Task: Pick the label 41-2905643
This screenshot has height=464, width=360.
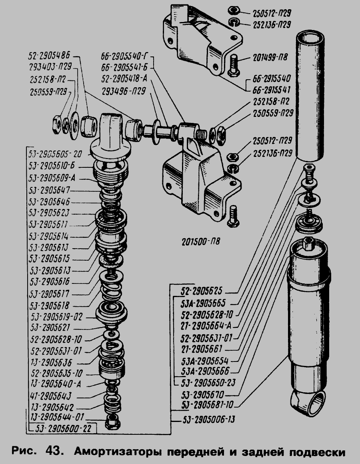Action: click(50, 397)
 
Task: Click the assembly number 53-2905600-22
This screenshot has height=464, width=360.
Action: click(64, 428)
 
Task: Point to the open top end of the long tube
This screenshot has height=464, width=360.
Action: click(310, 38)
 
